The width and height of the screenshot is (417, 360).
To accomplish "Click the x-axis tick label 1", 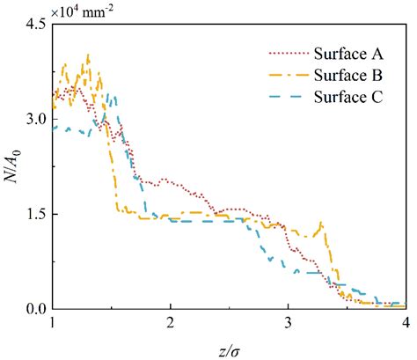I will (54, 323).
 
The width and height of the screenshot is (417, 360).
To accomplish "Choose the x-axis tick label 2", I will (171, 323).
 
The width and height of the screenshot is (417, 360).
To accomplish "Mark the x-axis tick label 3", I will (289, 323).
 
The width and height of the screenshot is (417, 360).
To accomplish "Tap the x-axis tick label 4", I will (405, 323).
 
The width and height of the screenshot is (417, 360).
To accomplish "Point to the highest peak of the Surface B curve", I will (88, 55).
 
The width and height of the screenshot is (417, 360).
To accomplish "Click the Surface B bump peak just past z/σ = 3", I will (322, 223).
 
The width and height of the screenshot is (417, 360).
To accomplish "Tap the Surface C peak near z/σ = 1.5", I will (112, 95).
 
